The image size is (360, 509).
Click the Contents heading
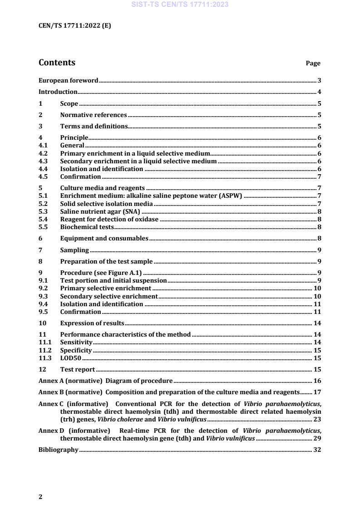tap(57, 63)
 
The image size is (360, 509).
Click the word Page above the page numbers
tap(313, 64)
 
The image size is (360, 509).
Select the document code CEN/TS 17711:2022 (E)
tap(74, 26)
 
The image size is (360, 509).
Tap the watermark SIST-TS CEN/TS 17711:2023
tap(180, 5)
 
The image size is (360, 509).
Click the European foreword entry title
tap(68, 81)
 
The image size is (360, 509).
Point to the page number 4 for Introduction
tap(320, 92)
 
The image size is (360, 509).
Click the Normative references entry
tap(93, 115)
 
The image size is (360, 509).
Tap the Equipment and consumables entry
tap(104, 239)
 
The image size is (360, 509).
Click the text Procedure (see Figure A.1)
tap(101, 273)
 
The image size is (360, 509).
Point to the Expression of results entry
tap(92, 323)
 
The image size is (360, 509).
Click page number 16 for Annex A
tap(317, 381)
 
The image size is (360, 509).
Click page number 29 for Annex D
tap(317, 439)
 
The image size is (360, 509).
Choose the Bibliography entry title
tap(59, 450)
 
